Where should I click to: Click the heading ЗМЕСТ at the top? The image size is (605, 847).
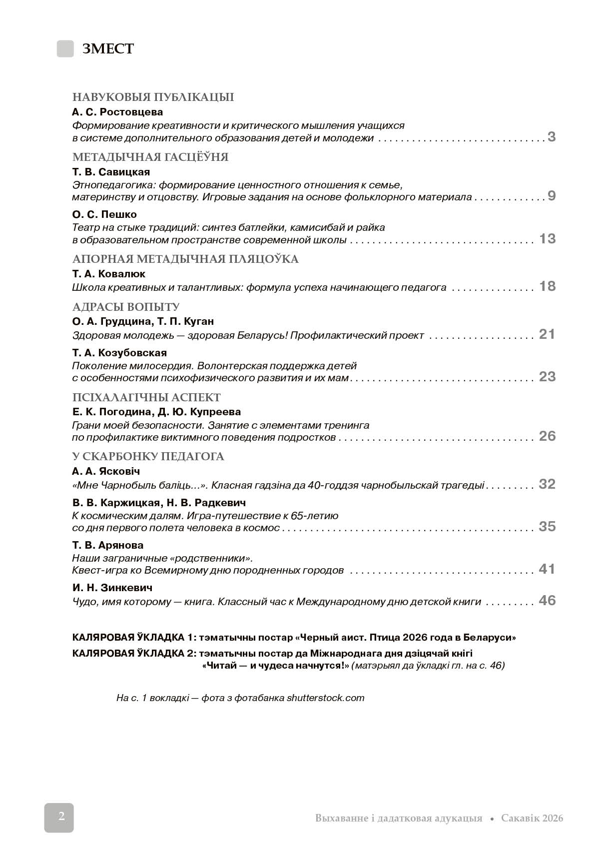coord(108,49)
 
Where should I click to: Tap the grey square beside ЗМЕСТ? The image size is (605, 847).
coord(65,48)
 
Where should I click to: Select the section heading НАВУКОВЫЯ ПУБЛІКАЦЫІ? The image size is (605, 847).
coord(153,97)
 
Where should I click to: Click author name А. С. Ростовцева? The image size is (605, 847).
coord(117,112)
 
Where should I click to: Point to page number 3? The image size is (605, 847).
coord(551,137)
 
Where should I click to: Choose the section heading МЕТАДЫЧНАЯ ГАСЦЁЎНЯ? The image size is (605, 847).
coord(150,157)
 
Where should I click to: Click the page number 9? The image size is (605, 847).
coord(551,196)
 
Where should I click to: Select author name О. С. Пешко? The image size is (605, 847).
coord(104,214)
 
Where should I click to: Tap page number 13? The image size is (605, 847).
coord(547,239)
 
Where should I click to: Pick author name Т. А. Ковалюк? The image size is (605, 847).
coord(109,274)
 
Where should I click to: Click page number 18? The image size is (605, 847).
coord(547,286)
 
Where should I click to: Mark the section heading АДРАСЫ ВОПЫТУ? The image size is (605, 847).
coord(126,307)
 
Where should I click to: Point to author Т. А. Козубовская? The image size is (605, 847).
coord(119,353)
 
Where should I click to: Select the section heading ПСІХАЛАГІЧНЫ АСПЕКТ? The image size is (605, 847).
coord(146,398)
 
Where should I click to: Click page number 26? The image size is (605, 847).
coord(547,436)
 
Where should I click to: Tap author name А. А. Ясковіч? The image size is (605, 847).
coord(106,471)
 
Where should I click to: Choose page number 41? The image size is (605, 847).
coord(547,569)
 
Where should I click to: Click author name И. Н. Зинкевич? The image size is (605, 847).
coord(112,588)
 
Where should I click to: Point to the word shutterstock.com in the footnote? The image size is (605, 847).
coord(325,698)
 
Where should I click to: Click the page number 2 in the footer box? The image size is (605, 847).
coord(61,817)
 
